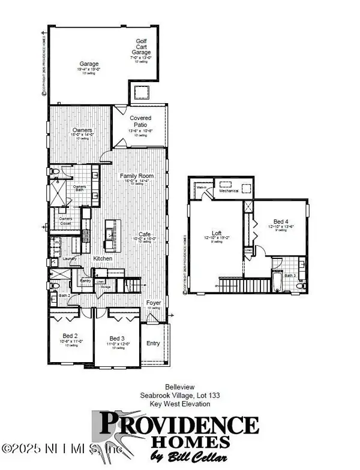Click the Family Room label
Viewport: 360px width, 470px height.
pos(137,176)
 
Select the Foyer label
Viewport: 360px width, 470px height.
pos(154,303)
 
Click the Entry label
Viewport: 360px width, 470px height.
pos(154,344)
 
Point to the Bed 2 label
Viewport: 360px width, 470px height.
pos(70,336)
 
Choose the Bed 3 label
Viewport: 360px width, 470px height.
pos(116,338)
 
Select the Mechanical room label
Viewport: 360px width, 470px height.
pos(229,191)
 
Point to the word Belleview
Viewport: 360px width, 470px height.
pos(180,388)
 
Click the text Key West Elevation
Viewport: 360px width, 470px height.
pos(180,403)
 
